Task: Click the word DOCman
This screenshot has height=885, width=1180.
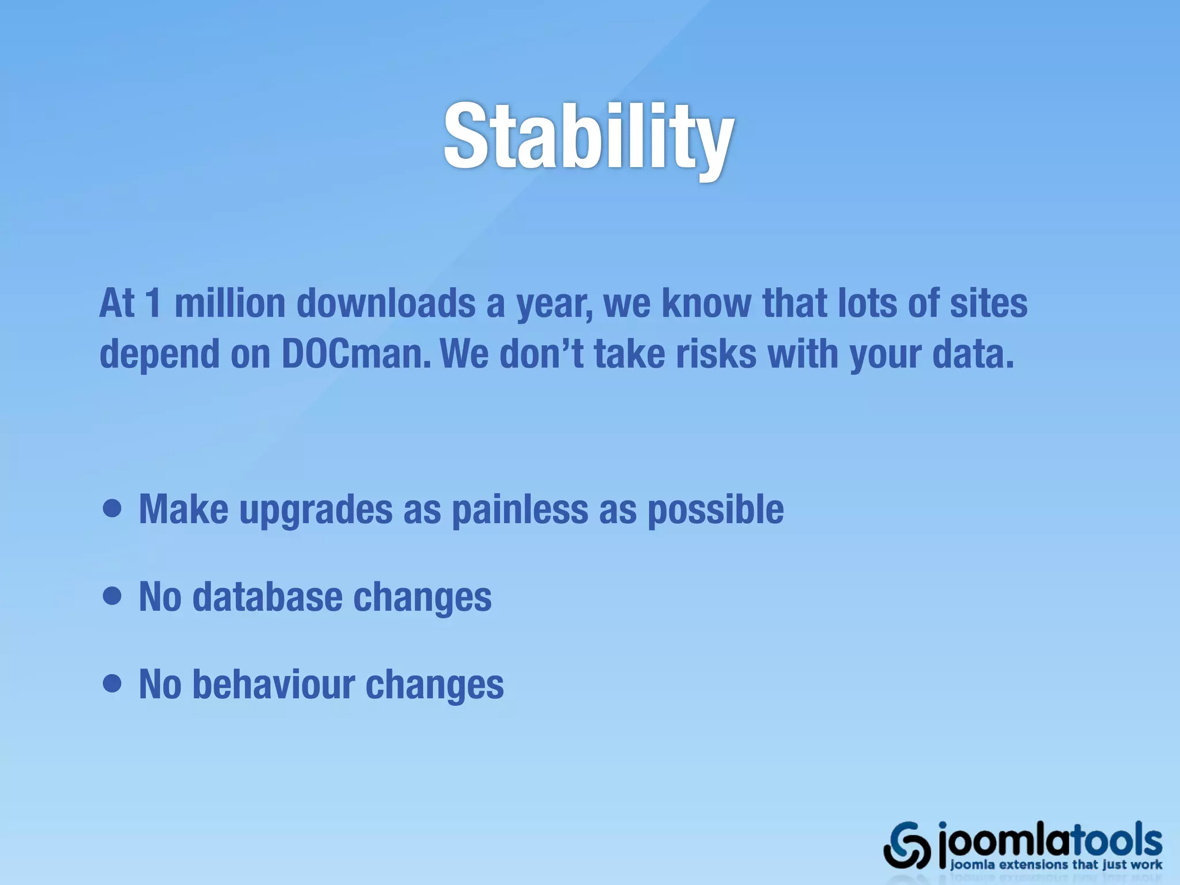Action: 355,353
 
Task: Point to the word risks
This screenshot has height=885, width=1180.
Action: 716,353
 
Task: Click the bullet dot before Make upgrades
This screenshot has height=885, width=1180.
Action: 112,509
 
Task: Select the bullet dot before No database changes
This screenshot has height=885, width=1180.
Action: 112,596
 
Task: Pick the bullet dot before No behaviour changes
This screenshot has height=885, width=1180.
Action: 112,684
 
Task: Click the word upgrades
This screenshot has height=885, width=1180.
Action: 316,510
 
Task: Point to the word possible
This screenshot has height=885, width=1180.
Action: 716,510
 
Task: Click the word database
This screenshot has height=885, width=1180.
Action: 267,596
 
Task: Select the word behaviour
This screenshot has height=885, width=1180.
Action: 273,684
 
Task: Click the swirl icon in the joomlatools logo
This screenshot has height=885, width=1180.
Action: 906,845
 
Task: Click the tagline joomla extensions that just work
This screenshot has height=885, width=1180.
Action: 1056,865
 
